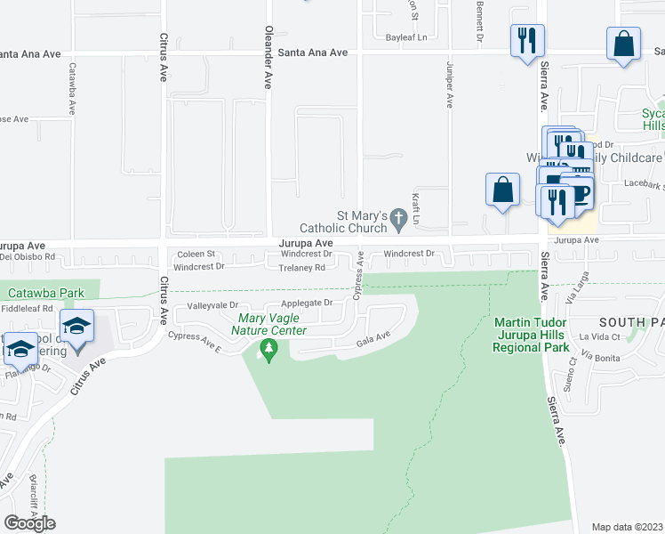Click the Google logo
tap(29, 523)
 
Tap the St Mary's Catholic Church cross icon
tap(400, 217)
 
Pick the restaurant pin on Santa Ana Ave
tap(526, 40)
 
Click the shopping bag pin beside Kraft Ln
tap(502, 190)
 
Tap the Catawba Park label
tap(45, 292)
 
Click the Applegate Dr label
tap(307, 303)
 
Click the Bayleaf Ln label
tap(406, 37)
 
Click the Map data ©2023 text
tap(627, 527)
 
